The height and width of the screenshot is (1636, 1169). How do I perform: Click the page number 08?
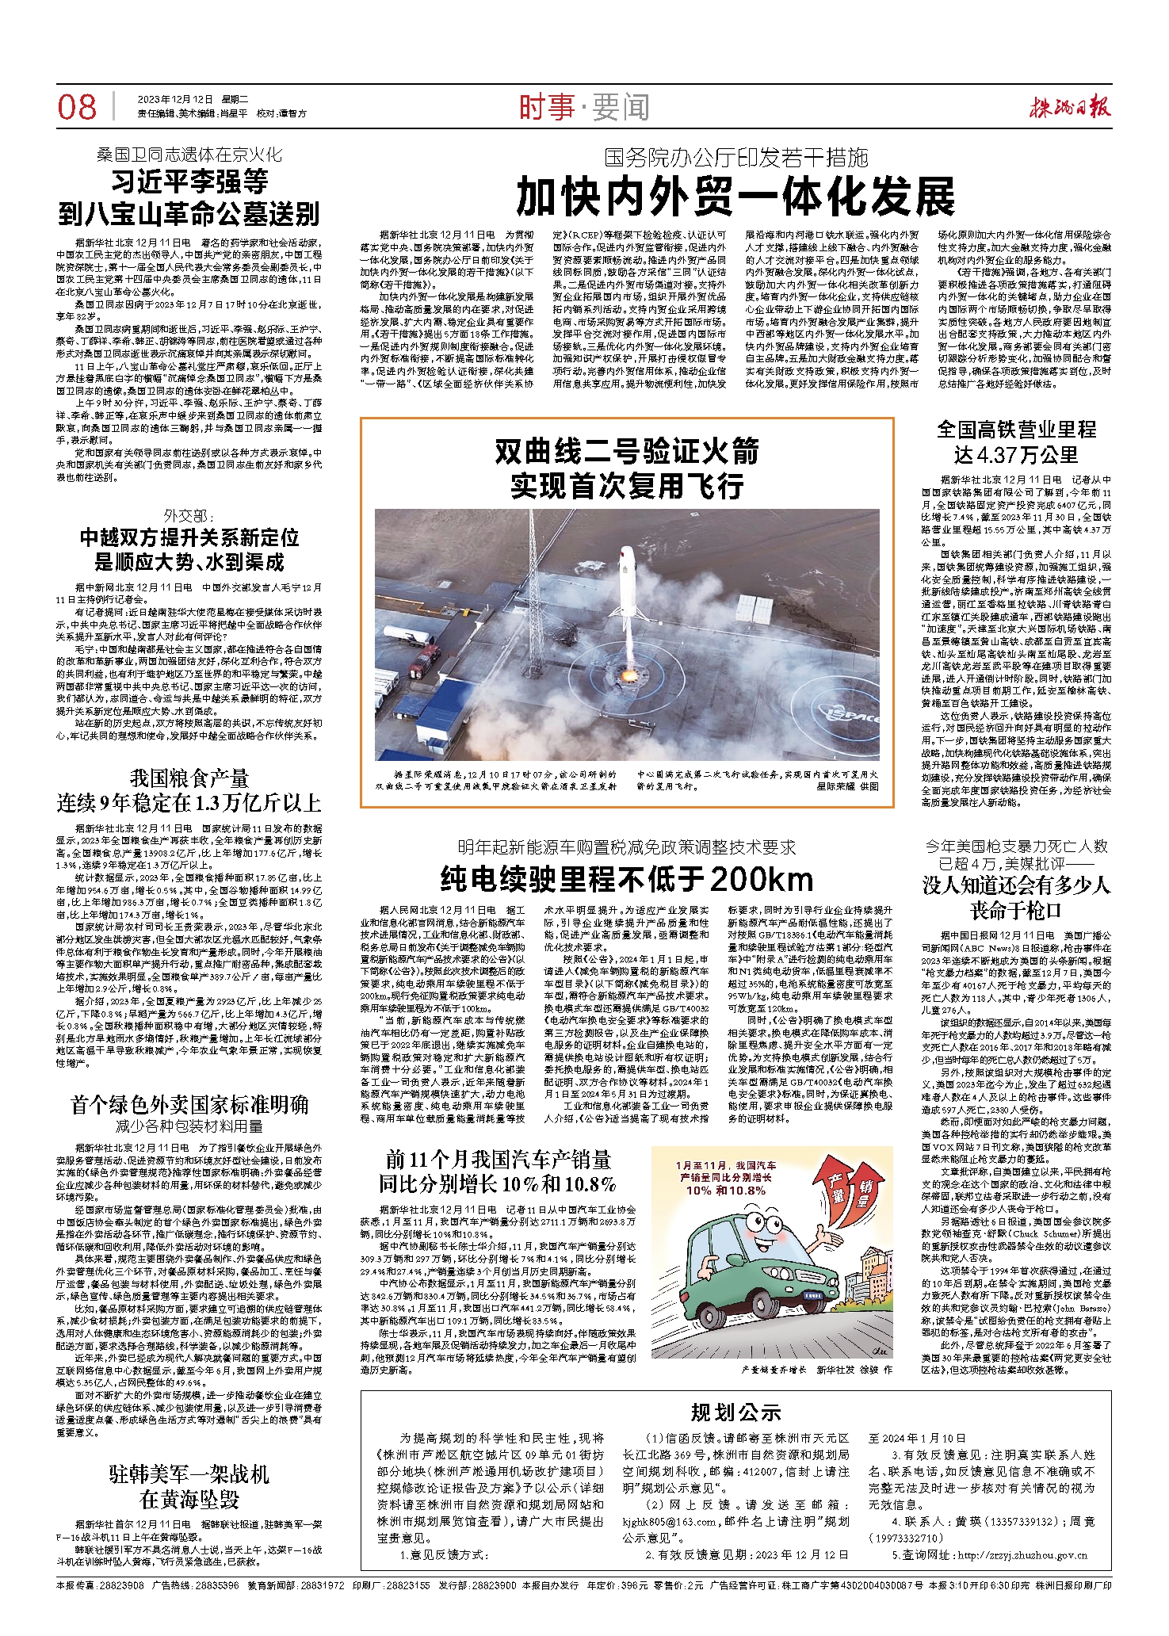[77, 107]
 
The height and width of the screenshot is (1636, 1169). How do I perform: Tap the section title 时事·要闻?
[584, 107]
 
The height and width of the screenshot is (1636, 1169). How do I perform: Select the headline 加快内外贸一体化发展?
[735, 197]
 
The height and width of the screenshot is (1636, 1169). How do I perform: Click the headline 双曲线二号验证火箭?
[627, 452]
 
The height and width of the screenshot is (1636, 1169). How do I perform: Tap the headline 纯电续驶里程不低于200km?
[627, 879]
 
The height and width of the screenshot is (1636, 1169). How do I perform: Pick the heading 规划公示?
[735, 1412]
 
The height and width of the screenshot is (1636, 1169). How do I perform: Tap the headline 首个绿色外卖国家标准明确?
[189, 1105]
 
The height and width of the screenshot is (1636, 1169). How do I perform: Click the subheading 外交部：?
[189, 516]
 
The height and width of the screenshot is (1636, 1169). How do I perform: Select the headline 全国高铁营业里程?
[1016, 430]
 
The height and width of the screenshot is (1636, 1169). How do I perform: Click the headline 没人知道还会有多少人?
[1016, 885]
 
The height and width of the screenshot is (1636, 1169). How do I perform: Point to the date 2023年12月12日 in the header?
[175, 100]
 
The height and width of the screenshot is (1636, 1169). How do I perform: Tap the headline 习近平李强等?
[189, 182]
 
